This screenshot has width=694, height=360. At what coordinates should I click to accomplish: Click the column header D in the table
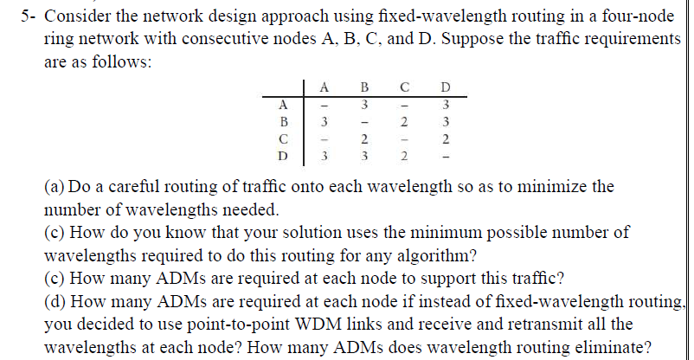[x=445, y=87]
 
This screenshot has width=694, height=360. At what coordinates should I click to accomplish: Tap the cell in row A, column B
[x=365, y=104]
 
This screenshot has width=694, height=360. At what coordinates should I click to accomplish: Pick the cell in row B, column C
[x=405, y=121]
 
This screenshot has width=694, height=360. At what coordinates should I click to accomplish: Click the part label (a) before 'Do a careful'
[x=54, y=186]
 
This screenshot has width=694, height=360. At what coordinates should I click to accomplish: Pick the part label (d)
[x=54, y=301]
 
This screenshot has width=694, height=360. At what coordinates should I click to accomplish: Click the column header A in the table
[x=324, y=87]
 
